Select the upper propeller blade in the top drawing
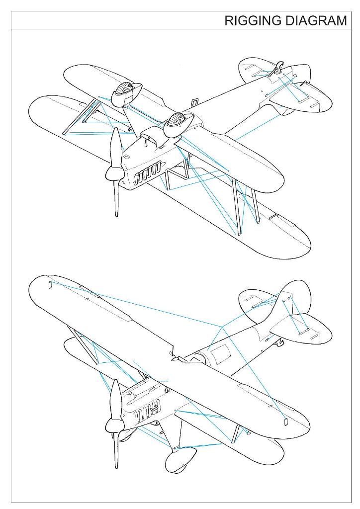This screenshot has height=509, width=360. pos(116,147)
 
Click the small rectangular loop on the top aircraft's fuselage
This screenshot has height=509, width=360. pos(194,102)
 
